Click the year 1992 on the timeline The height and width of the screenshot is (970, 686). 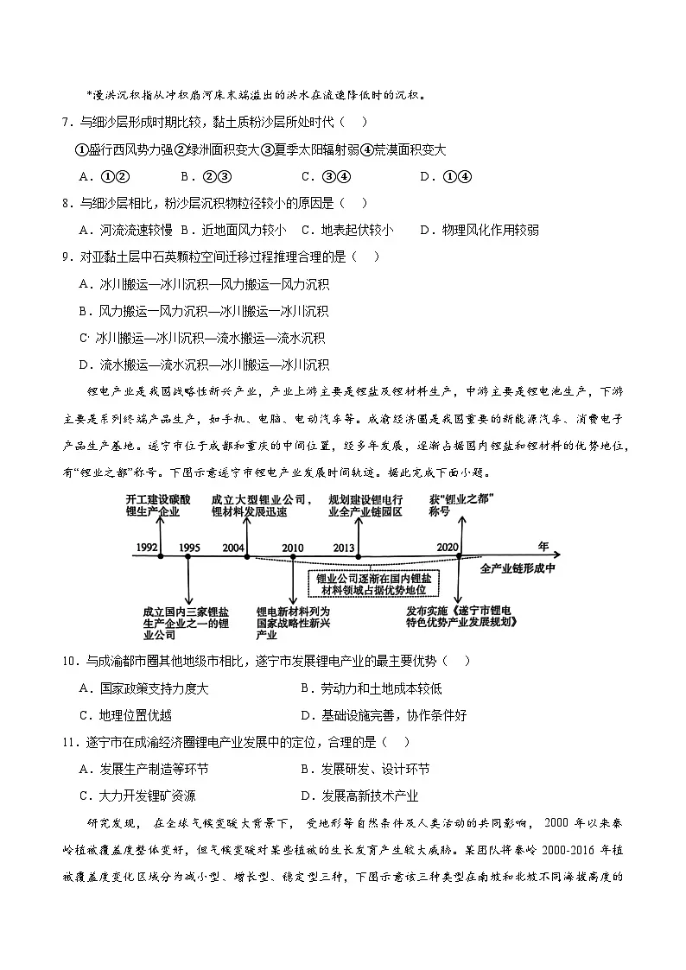(146, 548)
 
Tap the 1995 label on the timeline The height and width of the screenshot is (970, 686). (190, 548)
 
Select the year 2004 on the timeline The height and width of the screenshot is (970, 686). (233, 548)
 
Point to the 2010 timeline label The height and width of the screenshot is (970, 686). (293, 548)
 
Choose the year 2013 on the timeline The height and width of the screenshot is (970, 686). (344, 548)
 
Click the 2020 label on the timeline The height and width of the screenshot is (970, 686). (448, 548)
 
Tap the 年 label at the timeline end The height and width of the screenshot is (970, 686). (543, 546)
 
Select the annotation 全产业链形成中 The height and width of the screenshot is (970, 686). (517, 568)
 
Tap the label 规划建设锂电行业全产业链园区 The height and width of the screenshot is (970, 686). (365, 505)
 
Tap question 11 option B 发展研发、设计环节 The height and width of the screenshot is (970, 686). (365, 769)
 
